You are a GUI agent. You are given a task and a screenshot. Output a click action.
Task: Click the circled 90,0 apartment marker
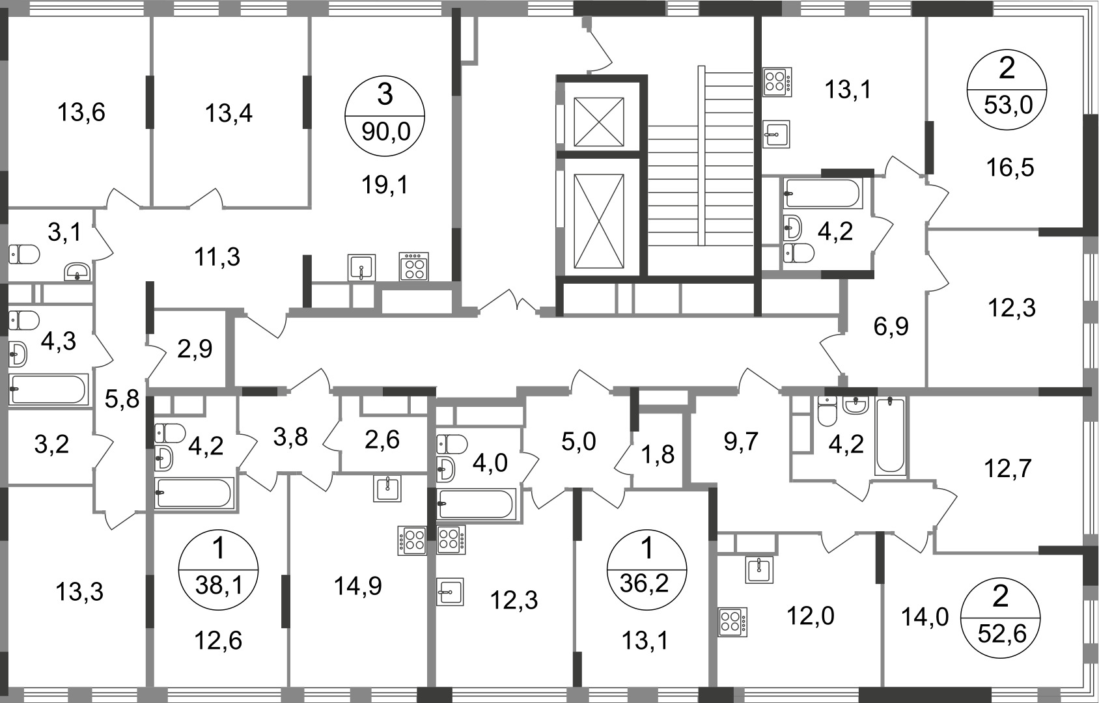(385, 116)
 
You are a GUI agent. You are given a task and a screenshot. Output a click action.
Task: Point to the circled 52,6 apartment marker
(1001, 617)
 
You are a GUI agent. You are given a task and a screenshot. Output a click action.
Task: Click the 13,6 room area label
(81, 113)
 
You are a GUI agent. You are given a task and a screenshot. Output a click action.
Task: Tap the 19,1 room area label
(385, 185)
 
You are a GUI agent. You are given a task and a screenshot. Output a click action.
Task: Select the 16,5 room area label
(1010, 167)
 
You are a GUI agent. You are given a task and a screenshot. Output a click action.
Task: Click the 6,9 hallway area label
(891, 326)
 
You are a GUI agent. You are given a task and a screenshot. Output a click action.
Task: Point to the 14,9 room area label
(358, 586)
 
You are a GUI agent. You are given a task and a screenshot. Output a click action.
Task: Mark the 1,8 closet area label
(658, 455)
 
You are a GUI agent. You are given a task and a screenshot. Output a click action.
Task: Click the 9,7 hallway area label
(741, 441)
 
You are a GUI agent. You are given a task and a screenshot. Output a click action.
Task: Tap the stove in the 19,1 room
(414, 267)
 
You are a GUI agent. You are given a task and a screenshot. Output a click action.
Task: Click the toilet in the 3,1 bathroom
(24, 254)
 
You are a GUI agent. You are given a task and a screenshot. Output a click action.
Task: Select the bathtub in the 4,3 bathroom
(49, 389)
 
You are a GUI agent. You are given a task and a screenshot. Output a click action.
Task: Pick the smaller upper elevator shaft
(598, 122)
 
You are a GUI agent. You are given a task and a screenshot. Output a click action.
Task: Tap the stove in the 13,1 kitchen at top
(777, 81)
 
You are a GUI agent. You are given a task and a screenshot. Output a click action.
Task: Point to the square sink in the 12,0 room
(759, 570)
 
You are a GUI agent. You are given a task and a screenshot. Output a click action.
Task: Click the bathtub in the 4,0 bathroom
(477, 504)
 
